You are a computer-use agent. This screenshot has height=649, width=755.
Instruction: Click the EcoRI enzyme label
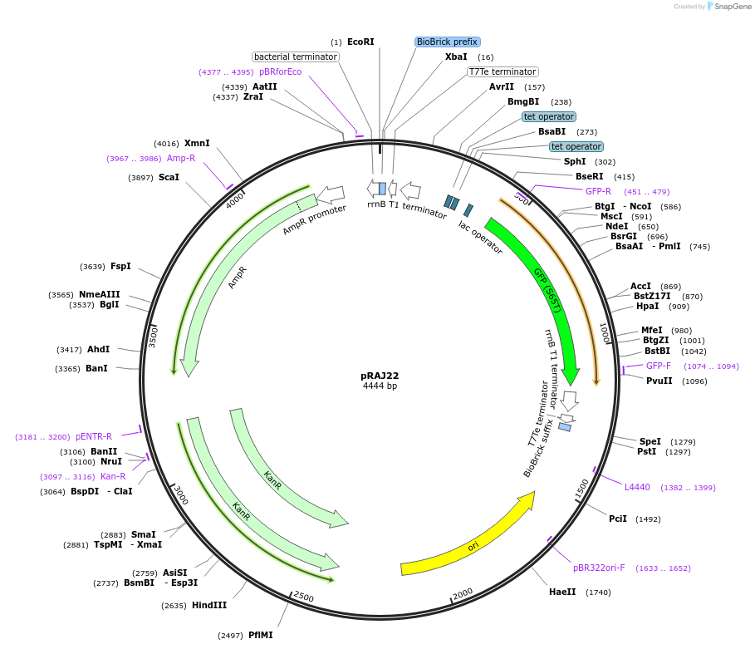coord(360,42)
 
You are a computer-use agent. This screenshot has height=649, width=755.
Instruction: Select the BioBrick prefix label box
coord(448,42)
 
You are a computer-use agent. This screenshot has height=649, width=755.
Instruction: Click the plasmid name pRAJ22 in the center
coord(380,376)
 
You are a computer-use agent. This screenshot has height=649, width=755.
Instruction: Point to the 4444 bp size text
coord(380,386)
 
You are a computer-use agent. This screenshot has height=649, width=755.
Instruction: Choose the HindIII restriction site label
coord(209,605)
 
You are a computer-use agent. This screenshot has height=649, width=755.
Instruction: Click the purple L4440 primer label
coord(637,487)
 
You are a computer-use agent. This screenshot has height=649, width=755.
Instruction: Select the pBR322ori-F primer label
coord(598,568)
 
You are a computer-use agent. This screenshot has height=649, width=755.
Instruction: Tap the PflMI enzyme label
coord(260,635)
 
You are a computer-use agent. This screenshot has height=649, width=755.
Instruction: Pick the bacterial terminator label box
coord(296,57)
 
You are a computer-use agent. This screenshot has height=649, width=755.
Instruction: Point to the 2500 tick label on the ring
coord(303,597)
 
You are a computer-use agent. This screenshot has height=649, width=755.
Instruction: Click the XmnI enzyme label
coord(197,143)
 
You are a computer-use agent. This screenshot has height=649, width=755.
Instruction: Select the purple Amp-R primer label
coord(181,158)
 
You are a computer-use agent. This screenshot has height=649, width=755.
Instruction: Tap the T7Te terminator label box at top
coord(503,71)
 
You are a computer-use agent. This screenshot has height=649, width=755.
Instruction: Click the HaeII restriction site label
coord(562,592)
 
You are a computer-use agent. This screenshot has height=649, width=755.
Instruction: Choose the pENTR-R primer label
coord(94,436)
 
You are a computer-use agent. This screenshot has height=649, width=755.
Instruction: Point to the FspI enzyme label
coord(120,266)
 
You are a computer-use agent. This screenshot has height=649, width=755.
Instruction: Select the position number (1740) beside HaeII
coord(598,592)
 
